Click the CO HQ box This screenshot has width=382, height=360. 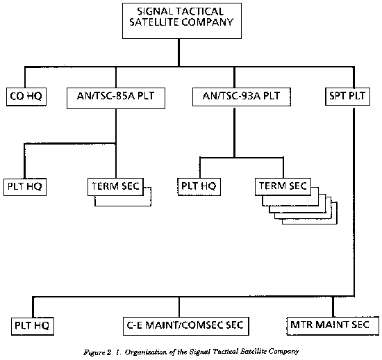click(x=26, y=97)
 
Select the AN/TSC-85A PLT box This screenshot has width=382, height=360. click(x=116, y=98)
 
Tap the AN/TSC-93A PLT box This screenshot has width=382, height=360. click(x=242, y=97)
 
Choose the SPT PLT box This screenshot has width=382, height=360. click(x=347, y=97)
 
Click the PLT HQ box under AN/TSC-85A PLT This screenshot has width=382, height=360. click(x=25, y=187)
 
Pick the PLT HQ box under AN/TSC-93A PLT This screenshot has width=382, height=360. click(x=199, y=187)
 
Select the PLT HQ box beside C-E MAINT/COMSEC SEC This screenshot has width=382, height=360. click(x=33, y=326)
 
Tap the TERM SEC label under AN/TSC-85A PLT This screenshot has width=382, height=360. click(x=115, y=186)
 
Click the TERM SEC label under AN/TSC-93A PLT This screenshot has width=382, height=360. click(x=283, y=186)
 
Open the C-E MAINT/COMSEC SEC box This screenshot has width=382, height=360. click(x=186, y=326)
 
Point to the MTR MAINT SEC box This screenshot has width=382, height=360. click(x=333, y=326)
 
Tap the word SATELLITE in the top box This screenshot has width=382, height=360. click(x=154, y=22)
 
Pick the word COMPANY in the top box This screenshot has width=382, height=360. click(x=208, y=22)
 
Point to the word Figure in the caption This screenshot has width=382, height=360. click(x=94, y=352)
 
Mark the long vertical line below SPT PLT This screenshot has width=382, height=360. click(x=354, y=202)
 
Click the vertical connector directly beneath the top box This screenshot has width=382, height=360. click(x=179, y=52)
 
